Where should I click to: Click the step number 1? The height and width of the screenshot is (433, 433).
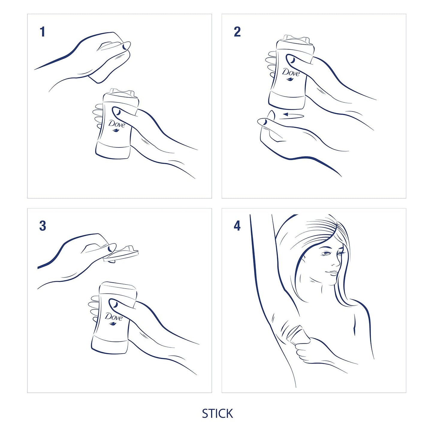point(42,32)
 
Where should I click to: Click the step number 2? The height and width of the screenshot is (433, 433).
point(237,32)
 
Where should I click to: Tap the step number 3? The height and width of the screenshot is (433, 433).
point(43,226)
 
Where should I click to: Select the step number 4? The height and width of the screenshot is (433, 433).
point(237,226)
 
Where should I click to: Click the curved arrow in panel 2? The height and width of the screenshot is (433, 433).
point(293,115)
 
